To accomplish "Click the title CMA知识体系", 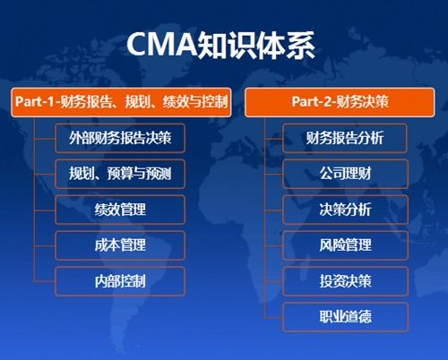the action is click(x=221, y=45).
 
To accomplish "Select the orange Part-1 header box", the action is click(x=121, y=102).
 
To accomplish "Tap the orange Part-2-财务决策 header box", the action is click(x=340, y=102).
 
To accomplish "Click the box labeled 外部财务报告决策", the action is click(x=120, y=139).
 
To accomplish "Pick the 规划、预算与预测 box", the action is click(x=120, y=174).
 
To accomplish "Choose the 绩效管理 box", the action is click(x=120, y=210).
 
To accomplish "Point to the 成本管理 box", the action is click(x=120, y=245).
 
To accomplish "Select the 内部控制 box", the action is click(x=120, y=281).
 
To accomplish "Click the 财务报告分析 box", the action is click(x=345, y=139).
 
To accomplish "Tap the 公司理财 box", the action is click(x=345, y=174).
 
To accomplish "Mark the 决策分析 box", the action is click(x=345, y=210).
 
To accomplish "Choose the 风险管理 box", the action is click(x=345, y=245).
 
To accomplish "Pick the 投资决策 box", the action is click(x=345, y=281).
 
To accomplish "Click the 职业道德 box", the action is click(x=345, y=317).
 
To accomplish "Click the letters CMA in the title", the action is click(x=162, y=45).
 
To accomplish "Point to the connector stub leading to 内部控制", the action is click(x=45, y=281).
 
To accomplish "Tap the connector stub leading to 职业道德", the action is click(x=273, y=318).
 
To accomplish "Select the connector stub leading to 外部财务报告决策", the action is click(x=45, y=139).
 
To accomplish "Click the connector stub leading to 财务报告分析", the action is click(x=273, y=139).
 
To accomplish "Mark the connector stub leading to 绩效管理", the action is click(x=45, y=210).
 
